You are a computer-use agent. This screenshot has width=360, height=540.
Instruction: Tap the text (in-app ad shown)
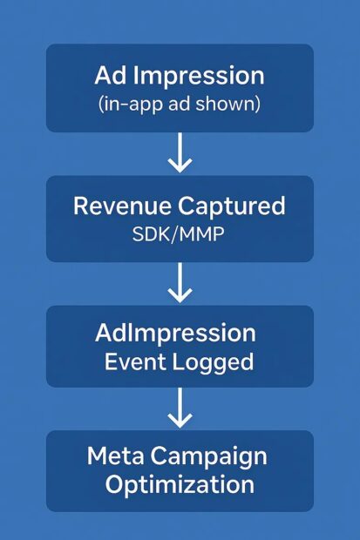pos(180,105)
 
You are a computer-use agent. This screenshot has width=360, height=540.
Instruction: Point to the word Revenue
pos(122,206)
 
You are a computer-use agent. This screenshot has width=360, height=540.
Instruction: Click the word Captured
pos(231,206)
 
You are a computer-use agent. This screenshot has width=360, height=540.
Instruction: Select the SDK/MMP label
pos(179,234)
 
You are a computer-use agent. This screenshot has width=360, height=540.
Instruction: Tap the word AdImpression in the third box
pos(175,333)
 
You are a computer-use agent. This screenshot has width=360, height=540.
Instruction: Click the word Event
pos(134,362)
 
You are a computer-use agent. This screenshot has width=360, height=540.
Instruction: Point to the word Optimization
pos(180,486)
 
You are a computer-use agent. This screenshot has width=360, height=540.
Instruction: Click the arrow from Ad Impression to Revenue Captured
pos(180,152)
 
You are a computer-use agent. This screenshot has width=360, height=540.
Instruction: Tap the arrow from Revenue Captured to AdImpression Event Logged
pos(180,283)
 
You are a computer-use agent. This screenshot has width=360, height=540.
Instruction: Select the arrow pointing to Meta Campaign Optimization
pos(180,408)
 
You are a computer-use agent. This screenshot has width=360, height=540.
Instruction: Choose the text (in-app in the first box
pos(130,105)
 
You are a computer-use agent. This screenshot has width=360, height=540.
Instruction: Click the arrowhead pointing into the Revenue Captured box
pos(180,165)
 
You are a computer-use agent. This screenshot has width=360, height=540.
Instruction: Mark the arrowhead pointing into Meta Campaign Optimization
pos(180,421)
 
